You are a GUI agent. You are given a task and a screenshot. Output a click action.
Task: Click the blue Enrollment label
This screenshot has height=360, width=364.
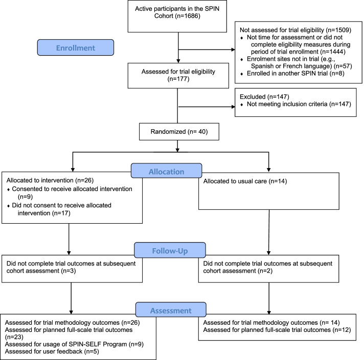coord(76,47)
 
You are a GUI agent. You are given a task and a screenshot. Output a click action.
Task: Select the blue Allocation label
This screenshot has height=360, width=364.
coord(167,171)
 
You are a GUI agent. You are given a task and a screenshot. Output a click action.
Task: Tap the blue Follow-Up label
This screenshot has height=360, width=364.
coord(170,250)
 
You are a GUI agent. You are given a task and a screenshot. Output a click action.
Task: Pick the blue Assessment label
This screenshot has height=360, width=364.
coord(171,309)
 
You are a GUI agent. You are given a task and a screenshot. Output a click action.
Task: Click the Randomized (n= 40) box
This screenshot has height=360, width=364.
coord(179,132)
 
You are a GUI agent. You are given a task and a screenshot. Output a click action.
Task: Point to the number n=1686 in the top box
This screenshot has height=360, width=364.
coord(188,16)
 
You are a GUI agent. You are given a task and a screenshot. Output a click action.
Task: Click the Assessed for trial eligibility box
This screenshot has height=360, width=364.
coord(178,76)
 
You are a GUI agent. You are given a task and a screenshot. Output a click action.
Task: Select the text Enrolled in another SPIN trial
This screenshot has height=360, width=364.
coord(287,74)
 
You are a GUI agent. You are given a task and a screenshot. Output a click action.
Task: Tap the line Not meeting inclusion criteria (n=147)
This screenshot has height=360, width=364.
coord(299,104)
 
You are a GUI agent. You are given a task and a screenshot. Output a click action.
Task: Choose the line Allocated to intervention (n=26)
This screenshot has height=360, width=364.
coord(50,180)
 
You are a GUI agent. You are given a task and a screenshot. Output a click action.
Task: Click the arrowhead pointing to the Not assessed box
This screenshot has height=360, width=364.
coord(233,50)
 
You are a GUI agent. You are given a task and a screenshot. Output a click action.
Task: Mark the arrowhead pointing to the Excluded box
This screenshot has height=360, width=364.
coord(233,107)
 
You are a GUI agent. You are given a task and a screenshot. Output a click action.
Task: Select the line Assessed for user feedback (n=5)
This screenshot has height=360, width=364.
coord(52,351)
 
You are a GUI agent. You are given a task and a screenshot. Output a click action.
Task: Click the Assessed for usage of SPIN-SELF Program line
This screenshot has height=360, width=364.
coord(74,344)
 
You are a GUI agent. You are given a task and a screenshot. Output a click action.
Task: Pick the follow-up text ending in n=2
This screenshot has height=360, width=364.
coord(268,267)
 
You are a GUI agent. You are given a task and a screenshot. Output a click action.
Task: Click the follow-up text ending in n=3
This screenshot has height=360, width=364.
coord(71,267)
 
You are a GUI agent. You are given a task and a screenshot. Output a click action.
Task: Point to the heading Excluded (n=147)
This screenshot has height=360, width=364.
coord(264,97)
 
